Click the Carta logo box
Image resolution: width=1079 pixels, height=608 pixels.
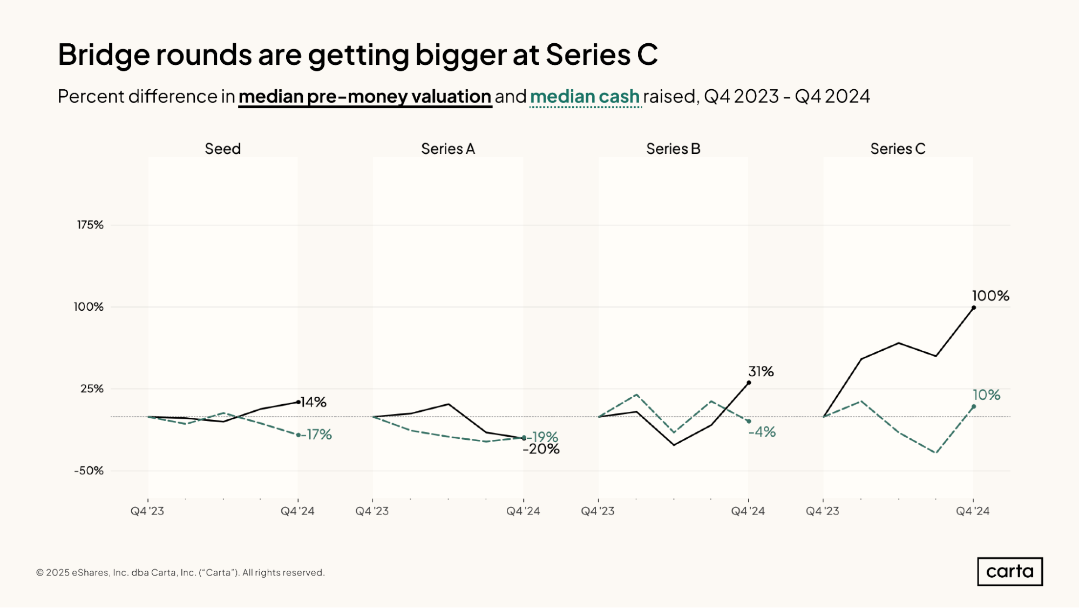(x=1009, y=571)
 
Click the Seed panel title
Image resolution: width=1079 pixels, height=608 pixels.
(x=222, y=149)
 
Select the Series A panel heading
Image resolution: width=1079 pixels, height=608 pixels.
(x=447, y=149)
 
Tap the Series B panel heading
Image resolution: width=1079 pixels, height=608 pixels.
(x=673, y=149)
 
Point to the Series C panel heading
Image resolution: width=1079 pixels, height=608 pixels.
(x=898, y=149)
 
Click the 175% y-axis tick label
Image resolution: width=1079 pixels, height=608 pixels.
(x=90, y=225)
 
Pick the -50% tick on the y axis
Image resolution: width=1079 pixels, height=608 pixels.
(x=89, y=471)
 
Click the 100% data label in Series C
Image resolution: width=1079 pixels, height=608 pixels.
(x=990, y=296)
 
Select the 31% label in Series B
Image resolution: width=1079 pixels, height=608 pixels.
(x=761, y=371)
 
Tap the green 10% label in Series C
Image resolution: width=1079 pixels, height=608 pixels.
(x=987, y=395)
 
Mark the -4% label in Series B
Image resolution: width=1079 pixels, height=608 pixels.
(x=762, y=432)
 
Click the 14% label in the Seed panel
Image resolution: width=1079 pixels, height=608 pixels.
(x=314, y=402)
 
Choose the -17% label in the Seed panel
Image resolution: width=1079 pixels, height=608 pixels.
(x=317, y=435)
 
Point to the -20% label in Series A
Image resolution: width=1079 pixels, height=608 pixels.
(x=541, y=450)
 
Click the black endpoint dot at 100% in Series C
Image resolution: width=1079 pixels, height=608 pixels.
(x=974, y=308)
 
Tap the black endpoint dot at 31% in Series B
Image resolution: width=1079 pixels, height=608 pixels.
(x=749, y=383)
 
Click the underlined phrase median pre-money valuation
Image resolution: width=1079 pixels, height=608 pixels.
(x=365, y=96)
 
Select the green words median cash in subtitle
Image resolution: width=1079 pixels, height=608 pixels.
(x=585, y=96)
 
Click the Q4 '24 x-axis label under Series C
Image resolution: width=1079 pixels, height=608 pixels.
(x=973, y=511)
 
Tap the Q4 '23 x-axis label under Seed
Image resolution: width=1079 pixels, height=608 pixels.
(x=147, y=511)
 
